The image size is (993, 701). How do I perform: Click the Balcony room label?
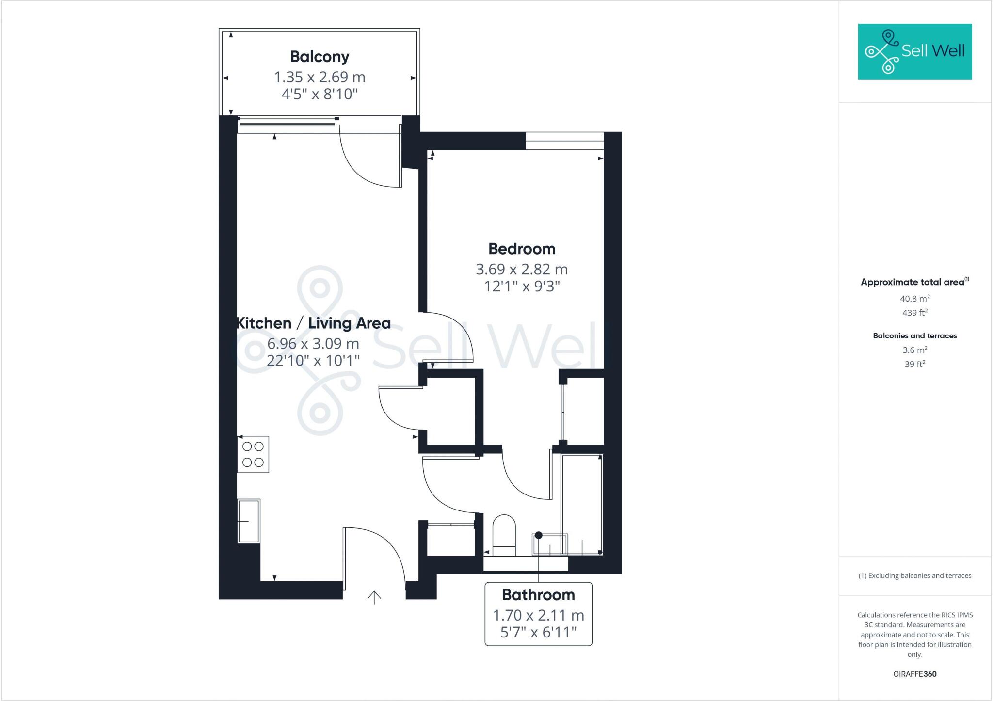coord(320,57)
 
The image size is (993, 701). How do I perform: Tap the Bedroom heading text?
coord(522,249)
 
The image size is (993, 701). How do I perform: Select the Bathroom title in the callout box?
coord(538,595)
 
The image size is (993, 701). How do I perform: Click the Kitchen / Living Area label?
coord(314,323)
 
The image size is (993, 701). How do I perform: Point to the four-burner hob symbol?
coord(253,454)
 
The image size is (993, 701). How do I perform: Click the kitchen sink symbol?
coord(249,521)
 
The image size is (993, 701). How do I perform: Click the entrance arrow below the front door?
coord(374,597)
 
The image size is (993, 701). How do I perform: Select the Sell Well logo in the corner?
coord(914,51)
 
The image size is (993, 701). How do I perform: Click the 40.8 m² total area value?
coord(914,299)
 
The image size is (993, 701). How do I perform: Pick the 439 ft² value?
coord(914,313)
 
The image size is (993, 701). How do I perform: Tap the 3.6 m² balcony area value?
coord(914,350)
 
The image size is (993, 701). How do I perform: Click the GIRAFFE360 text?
coord(914,674)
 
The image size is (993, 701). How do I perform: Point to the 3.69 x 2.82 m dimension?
coord(522,269)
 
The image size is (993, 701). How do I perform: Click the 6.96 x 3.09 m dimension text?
coord(313,344)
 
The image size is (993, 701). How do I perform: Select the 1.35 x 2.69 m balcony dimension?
coord(320,77)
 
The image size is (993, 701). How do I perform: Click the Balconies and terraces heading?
coord(914,335)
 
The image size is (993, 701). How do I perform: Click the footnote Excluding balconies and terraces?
coord(914,576)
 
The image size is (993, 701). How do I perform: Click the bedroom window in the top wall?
coord(564,141)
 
